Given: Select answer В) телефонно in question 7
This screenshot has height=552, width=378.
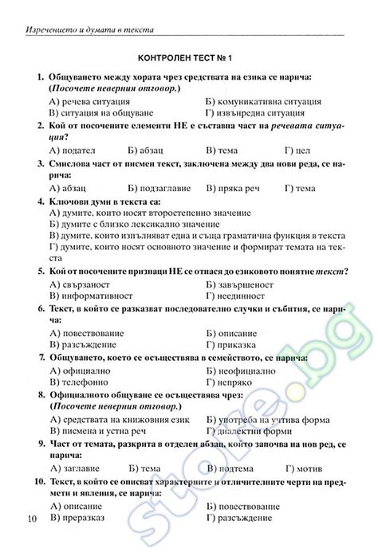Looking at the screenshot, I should coord(79,382).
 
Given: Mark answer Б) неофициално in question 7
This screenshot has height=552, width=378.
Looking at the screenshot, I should coord(241,370).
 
